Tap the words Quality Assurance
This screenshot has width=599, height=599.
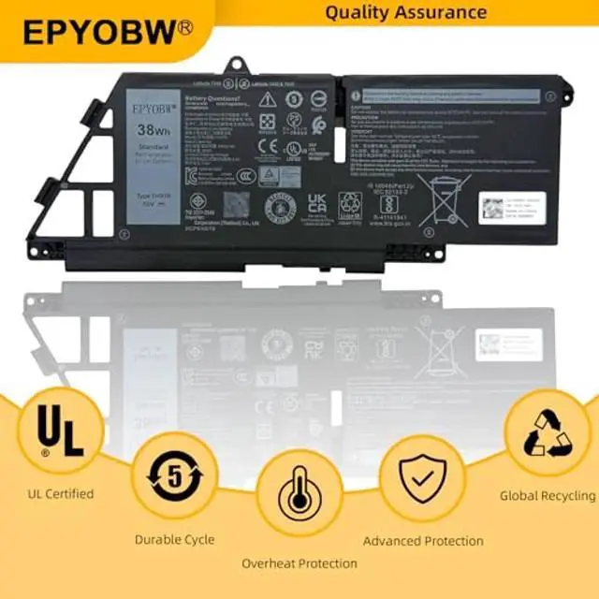tap(405, 12)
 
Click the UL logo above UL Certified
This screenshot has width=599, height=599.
tap(58, 431)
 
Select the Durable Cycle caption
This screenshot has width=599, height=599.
tap(174, 539)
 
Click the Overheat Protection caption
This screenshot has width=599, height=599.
tap(299, 563)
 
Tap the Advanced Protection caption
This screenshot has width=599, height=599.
tap(423, 541)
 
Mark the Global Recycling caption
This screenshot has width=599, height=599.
tap(548, 496)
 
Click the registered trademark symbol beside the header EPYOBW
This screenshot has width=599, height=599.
tap(185, 27)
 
